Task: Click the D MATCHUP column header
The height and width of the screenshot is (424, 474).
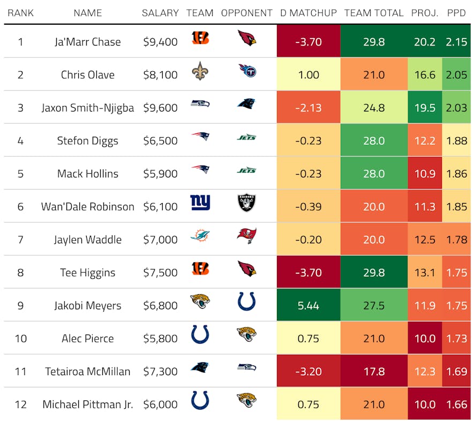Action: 309,13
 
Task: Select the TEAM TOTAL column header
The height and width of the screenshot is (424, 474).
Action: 374,13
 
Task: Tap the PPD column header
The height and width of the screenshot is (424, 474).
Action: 457,13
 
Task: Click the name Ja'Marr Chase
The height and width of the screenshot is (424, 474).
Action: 88,42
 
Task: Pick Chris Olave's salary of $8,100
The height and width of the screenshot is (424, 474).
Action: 160,75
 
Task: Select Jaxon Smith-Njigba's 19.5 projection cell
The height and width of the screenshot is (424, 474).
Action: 425,108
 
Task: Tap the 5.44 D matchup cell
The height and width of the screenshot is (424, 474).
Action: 309,306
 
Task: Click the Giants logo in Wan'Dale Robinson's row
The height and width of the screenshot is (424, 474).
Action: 200,203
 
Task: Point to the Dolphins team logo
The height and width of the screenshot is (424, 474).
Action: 200,236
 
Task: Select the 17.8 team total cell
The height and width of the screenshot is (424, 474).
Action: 374,371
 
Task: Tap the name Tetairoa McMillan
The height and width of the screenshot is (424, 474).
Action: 88,371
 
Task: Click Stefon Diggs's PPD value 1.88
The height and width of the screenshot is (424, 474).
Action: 457,140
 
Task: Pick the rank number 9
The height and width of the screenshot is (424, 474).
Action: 21,306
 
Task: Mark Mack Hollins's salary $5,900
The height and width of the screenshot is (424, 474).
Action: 160,174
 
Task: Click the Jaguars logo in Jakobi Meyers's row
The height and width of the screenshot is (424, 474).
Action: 200,303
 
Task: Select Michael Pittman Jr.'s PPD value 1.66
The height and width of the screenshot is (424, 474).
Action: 457,404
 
